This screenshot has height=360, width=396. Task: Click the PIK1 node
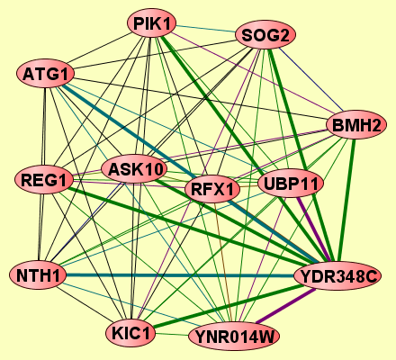(x=151, y=23)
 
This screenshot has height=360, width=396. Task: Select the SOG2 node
(x=265, y=35)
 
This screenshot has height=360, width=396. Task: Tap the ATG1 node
(x=45, y=74)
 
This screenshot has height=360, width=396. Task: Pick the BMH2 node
(x=356, y=125)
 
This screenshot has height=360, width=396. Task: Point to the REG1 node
(x=44, y=180)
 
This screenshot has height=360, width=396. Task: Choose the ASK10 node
(x=134, y=169)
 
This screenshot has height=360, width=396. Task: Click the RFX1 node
(x=212, y=189)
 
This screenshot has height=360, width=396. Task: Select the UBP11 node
(x=291, y=184)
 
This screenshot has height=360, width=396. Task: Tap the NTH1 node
(x=38, y=275)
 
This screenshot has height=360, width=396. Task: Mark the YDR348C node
(x=337, y=276)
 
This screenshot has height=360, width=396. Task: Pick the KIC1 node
(x=130, y=333)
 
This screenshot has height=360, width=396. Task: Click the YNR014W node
(x=234, y=337)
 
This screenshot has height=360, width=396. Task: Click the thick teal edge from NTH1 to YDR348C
(x=180, y=275)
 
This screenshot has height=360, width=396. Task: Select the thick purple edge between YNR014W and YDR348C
(x=285, y=306)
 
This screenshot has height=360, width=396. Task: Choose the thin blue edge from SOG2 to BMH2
(x=310, y=79)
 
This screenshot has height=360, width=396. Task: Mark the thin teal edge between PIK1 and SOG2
(x=205, y=28)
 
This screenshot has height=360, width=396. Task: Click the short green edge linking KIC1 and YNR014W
(x=172, y=334)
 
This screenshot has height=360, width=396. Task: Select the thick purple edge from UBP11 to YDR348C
(x=313, y=229)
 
